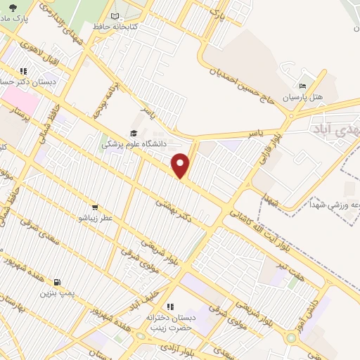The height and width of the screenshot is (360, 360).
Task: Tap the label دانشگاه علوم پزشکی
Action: [134, 143]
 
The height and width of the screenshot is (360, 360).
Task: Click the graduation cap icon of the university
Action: [133, 133]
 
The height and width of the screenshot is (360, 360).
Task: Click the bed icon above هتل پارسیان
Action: [303, 86]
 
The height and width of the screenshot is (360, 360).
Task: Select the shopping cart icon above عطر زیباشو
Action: [94, 208]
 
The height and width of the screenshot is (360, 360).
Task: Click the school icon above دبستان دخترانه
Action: [169, 307]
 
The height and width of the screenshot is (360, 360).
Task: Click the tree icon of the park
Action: [13, 7]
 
